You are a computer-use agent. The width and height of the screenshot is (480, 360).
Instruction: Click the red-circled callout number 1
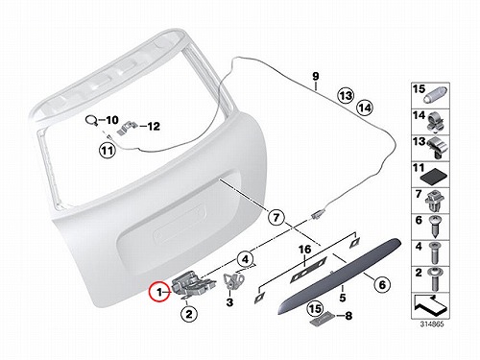coord(159,292)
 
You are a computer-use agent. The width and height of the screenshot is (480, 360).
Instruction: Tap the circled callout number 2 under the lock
coord(189,314)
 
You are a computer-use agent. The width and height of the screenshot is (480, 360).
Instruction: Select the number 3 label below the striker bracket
coord(229,301)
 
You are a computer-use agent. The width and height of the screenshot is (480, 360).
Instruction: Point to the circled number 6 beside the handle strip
coord(382,284)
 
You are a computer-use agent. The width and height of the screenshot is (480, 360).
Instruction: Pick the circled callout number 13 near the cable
coord(346,95)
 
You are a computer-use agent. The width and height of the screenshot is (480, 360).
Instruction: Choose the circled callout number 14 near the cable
coord(365,108)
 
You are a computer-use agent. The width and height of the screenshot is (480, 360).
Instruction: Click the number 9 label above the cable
coord(316,77)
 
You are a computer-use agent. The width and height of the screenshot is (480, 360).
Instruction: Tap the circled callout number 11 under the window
coord(108,150)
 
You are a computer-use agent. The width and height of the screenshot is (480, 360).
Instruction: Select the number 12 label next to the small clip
coord(153,126)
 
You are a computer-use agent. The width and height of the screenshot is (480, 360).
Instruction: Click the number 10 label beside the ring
coord(112,120)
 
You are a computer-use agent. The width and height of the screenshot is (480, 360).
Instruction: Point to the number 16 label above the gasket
coord(304,250)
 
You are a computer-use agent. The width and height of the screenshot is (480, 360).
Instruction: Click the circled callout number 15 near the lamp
coord(315,309)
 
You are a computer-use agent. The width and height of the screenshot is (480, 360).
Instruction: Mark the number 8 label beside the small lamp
coord(348,316)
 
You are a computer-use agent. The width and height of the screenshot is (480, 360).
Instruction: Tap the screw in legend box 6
coord(435,227)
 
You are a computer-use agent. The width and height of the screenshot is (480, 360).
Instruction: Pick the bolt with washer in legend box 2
coord(435,279)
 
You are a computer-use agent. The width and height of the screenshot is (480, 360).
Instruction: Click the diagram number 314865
coord(432,324)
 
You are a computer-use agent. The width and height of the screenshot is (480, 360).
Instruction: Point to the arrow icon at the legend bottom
coord(429,304)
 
